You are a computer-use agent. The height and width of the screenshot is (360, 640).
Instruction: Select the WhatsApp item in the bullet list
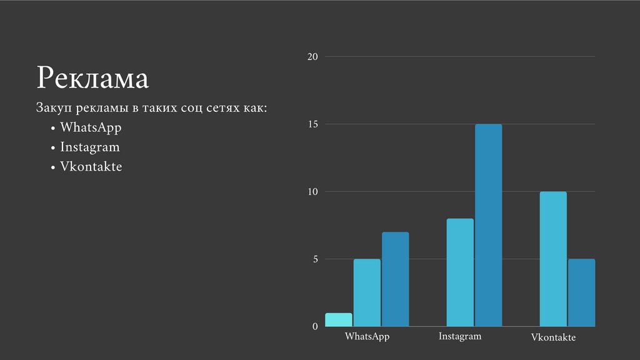91,127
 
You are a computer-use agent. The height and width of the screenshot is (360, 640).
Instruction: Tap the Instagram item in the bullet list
89,147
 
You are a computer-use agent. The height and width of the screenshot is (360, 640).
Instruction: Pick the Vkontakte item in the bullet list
91,167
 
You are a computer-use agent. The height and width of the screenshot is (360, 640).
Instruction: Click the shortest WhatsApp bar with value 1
339,319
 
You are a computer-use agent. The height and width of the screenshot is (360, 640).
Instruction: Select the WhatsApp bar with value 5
367,292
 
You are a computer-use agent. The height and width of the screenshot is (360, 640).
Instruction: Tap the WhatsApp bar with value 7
395,279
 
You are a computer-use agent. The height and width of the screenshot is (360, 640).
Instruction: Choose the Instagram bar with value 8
460,272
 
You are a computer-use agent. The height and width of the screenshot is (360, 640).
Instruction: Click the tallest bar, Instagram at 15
488,225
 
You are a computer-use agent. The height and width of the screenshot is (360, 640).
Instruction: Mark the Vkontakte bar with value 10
553,259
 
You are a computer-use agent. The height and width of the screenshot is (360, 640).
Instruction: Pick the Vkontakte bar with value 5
581,292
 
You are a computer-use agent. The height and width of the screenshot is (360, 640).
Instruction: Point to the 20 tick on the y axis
312,57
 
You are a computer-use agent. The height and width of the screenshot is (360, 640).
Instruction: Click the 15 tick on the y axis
312,124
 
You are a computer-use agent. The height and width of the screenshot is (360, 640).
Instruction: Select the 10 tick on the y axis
312,192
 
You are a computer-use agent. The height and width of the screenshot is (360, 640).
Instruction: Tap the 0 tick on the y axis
315,326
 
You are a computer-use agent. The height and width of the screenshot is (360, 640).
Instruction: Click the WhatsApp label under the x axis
367,337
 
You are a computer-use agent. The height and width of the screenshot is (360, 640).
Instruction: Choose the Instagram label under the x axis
460,336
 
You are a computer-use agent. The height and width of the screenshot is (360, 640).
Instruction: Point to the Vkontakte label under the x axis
553,337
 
